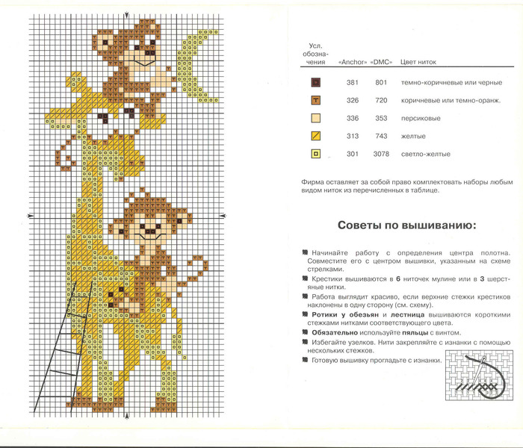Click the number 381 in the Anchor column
click(x=353, y=82)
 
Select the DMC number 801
click(x=381, y=82)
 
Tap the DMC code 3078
click(x=382, y=155)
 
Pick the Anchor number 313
click(x=353, y=137)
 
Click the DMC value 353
click(x=381, y=118)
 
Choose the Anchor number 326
click(x=353, y=100)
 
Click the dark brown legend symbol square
click(x=316, y=82)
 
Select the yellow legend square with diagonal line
click(x=316, y=137)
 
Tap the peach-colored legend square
click(x=316, y=118)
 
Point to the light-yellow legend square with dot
click(x=316, y=155)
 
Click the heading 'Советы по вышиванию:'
click(x=402, y=225)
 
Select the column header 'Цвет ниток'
click(x=419, y=62)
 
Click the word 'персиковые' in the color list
click(x=421, y=118)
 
